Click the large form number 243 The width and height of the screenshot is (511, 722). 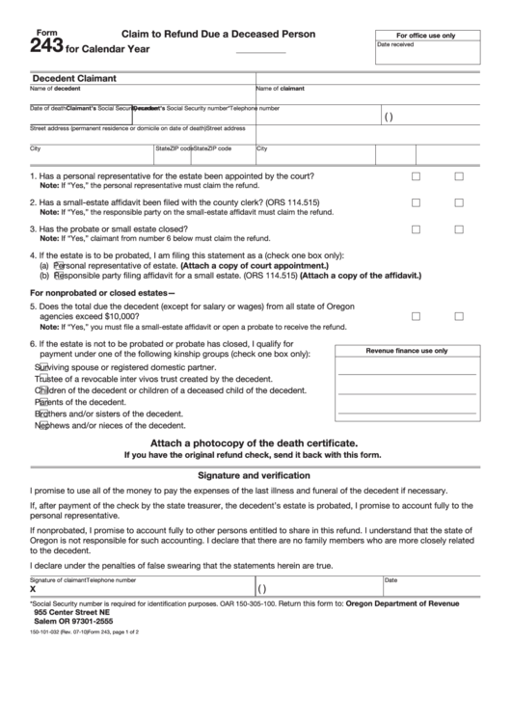pyautogui.click(x=45, y=47)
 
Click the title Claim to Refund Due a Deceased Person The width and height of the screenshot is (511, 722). pyautogui.click(x=218, y=33)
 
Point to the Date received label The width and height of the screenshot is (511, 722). pyautogui.click(x=395, y=44)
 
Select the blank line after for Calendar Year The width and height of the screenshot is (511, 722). pyautogui.click(x=260, y=50)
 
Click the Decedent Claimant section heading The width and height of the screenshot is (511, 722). pyautogui.click(x=74, y=78)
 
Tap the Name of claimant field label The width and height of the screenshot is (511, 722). pyautogui.click(x=281, y=88)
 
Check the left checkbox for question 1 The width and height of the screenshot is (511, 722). pyautogui.click(x=417, y=176)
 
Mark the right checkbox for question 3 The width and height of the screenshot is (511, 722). pyautogui.click(x=459, y=229)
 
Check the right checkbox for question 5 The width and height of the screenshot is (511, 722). pyautogui.click(x=459, y=315)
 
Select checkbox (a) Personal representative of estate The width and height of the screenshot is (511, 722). pyautogui.click(x=58, y=264)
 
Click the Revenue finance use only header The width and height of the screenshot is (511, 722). pyautogui.click(x=406, y=351)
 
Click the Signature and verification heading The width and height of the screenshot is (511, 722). pyautogui.click(x=255, y=475)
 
